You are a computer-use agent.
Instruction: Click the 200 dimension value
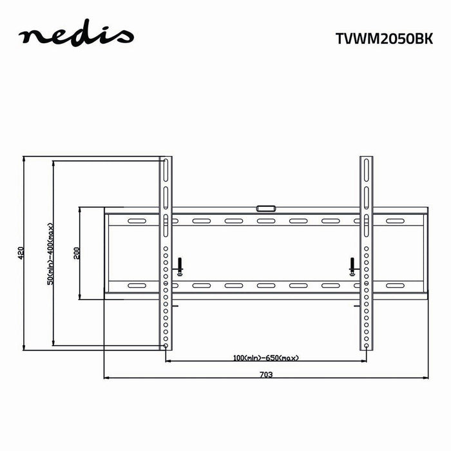coord(77,252)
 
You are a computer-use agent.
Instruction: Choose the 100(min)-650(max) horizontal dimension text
coord(265,358)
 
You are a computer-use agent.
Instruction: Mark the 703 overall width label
coord(266,374)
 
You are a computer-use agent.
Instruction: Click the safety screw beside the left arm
coord(180,265)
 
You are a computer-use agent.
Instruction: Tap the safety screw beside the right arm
coord(352,265)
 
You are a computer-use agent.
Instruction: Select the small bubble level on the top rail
coord(265,208)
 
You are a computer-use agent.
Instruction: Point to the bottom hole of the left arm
coord(166,346)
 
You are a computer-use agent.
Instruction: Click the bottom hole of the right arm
coord(367,346)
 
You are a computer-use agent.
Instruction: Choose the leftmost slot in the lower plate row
coord(137,285)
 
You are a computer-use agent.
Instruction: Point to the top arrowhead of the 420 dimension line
coord(24,158)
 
